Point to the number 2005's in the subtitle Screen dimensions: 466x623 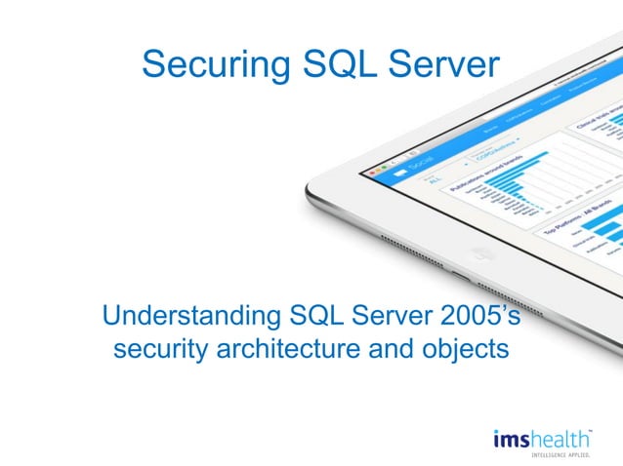tap(478, 318)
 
